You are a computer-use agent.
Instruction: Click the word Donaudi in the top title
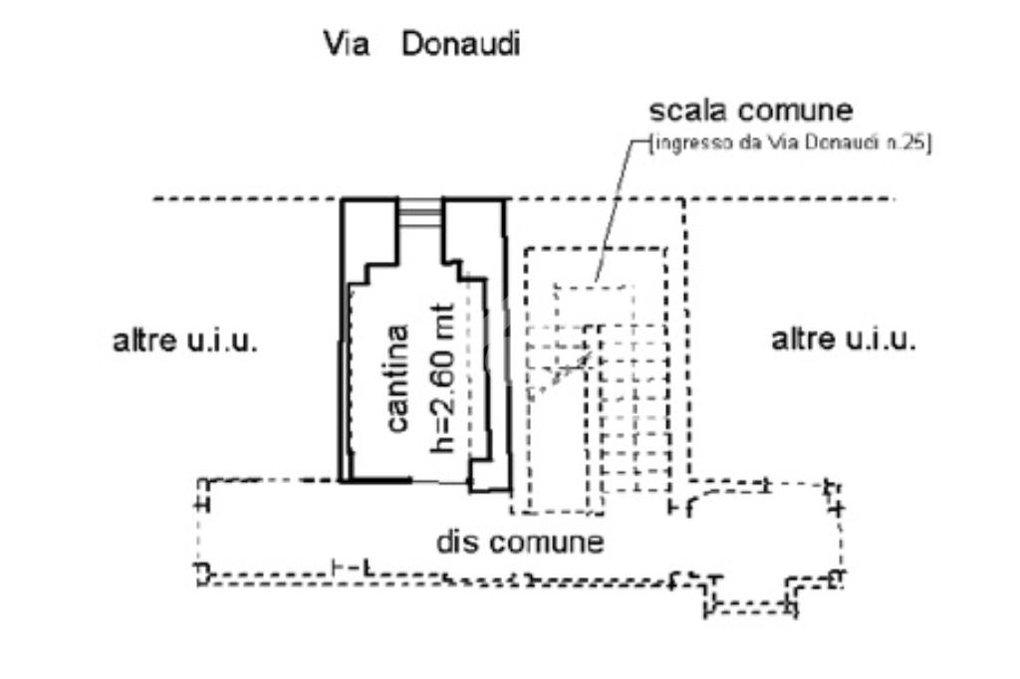[460, 46]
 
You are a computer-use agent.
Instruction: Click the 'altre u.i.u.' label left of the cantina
[185, 341]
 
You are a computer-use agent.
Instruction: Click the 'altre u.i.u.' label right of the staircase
[844, 339]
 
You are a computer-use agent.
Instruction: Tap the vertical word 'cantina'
[396, 378]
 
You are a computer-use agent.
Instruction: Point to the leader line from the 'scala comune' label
[615, 209]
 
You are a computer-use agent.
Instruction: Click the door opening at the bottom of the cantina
[440, 482]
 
